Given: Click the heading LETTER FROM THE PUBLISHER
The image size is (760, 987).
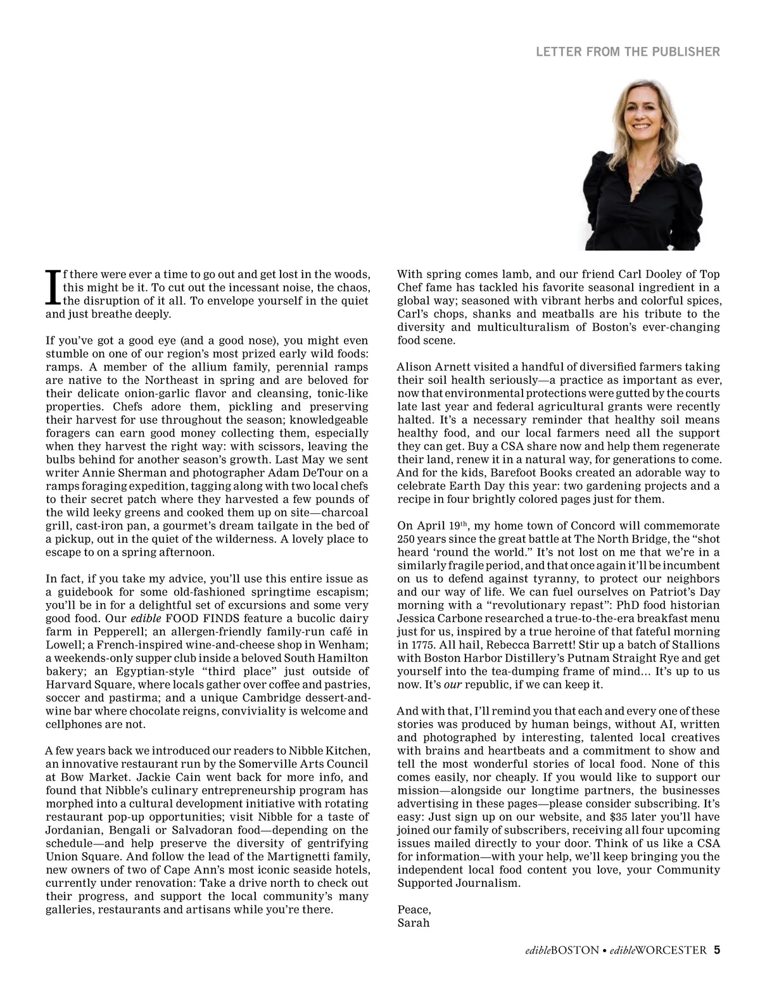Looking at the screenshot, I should tap(628, 52).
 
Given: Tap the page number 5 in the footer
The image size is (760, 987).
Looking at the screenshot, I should tap(717, 950).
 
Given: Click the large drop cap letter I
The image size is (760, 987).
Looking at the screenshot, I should tap(53, 288).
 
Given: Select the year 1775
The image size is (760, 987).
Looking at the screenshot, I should tap(412, 645).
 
